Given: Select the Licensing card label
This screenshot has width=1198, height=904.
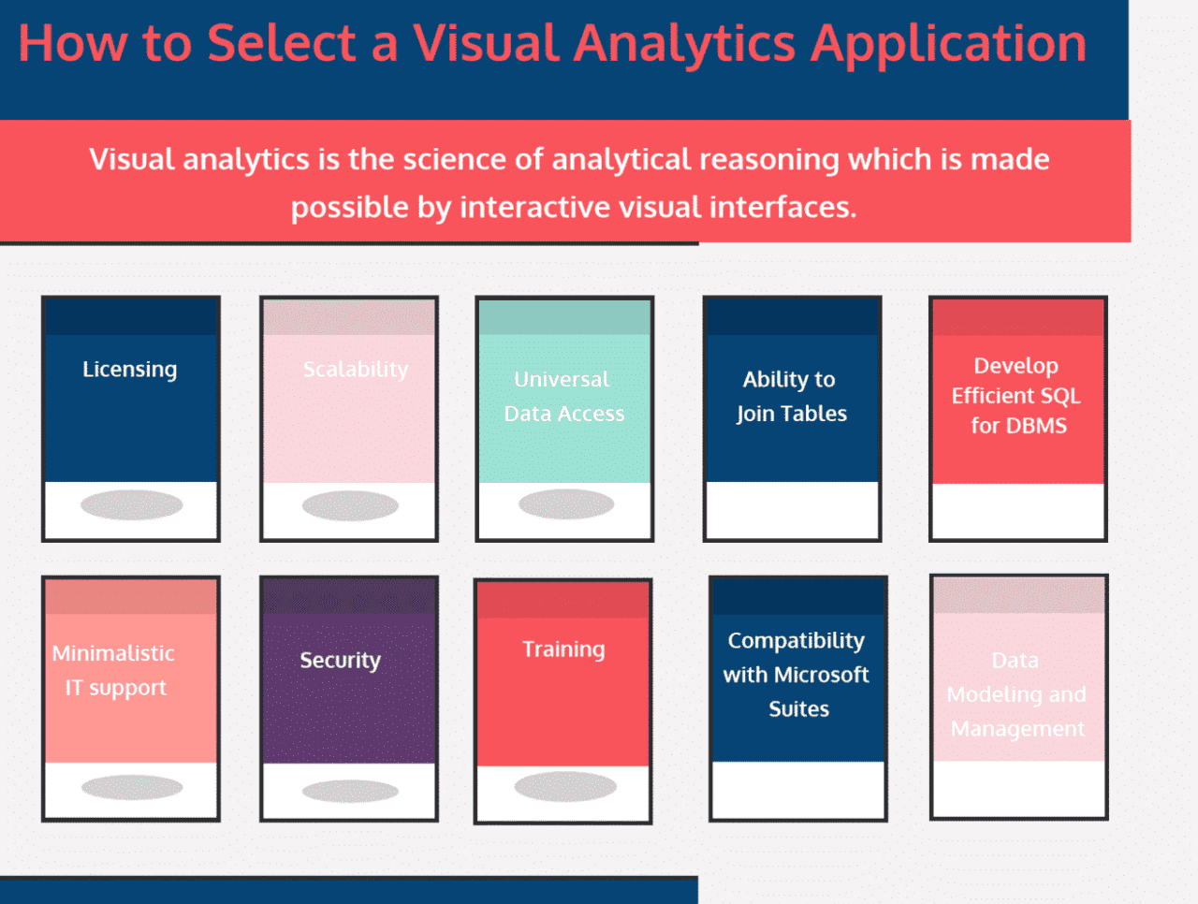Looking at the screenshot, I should (x=129, y=370).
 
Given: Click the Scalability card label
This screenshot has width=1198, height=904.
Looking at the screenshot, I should (x=356, y=370).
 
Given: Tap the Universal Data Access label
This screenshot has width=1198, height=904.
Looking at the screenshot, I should (x=563, y=397).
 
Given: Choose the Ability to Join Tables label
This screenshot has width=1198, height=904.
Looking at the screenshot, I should (x=791, y=397).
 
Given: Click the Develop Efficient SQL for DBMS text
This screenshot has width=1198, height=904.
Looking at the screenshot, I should (x=1017, y=396).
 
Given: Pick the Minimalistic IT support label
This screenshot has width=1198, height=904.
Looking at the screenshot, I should (x=114, y=670).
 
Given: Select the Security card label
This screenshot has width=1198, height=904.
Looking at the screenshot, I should (x=340, y=661).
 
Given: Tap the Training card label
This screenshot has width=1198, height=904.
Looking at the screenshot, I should (x=563, y=649).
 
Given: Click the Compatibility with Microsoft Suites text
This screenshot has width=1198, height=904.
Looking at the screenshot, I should (x=797, y=675).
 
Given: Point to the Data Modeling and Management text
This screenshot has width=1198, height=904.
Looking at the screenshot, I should (x=1017, y=694).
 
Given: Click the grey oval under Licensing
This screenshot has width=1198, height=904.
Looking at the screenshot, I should (x=131, y=505).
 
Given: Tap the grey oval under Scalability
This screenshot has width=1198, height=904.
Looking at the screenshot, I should (x=350, y=506).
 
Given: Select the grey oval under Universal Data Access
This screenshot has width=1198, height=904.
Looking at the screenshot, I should (x=566, y=504).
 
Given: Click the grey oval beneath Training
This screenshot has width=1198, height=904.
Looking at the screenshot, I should (x=565, y=786).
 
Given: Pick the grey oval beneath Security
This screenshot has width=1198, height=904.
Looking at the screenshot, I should (x=350, y=791).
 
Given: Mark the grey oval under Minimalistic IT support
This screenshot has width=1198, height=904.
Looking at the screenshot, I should (x=132, y=787).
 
